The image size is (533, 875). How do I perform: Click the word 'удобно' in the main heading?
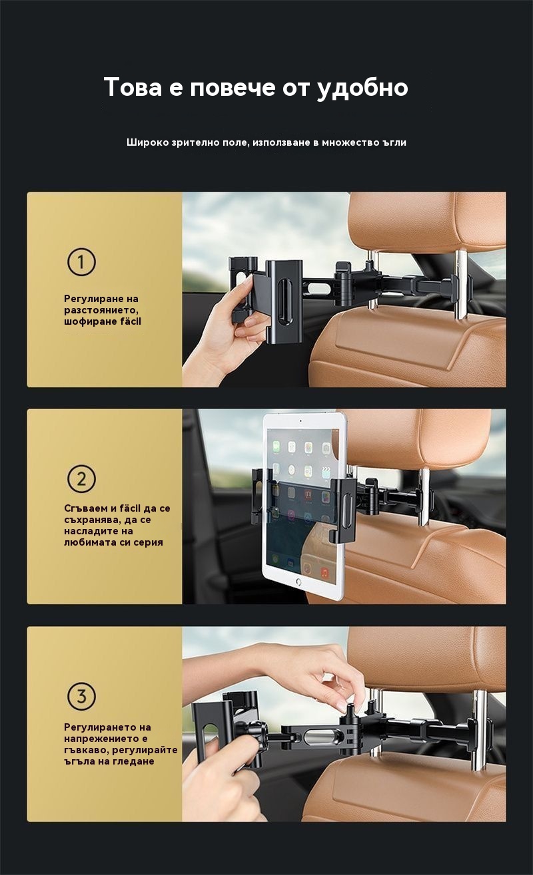tap(362, 88)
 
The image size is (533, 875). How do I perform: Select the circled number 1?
tap(81, 262)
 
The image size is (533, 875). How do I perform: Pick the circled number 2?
tap(81, 478)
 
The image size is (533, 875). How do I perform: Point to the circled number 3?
tap(81, 696)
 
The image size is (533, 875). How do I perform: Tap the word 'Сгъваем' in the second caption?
tap(86, 508)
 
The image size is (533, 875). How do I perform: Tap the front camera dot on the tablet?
tap(300, 421)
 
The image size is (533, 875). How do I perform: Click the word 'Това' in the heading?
tap(133, 87)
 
